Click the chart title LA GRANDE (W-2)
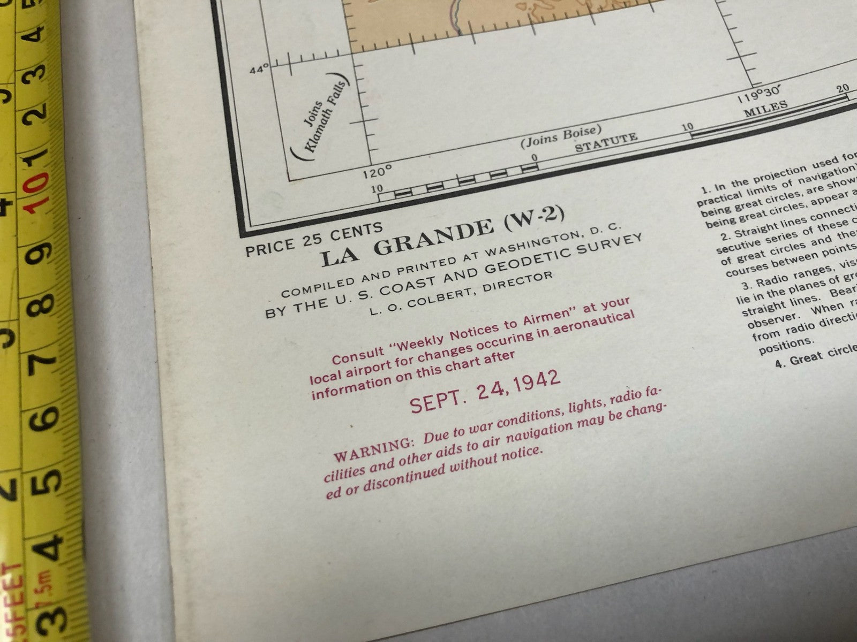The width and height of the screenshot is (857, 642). [442, 236]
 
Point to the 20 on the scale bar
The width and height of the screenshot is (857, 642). [843, 88]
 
